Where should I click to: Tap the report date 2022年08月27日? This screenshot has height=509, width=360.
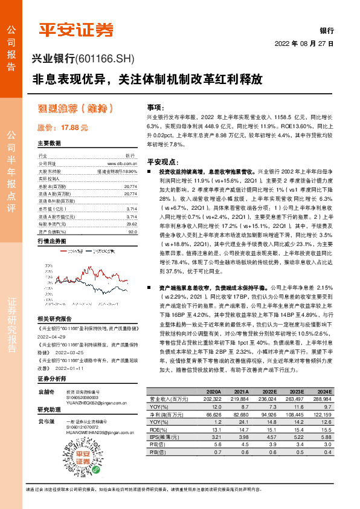(x=304, y=44)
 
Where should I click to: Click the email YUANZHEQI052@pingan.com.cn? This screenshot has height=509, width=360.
(x=93, y=405)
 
